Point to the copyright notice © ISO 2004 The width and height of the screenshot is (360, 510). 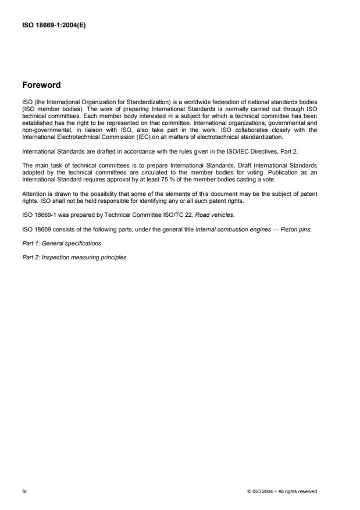(281, 491)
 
